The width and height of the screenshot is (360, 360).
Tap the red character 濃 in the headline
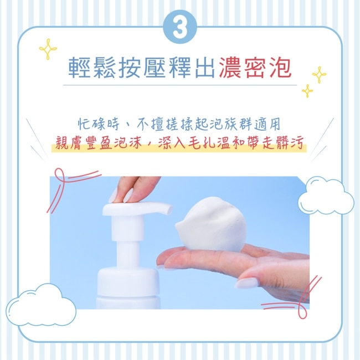pyautogui.click(x=230, y=68)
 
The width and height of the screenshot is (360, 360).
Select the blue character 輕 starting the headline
pyautogui.click(x=80, y=68)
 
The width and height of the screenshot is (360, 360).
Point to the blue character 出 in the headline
pyautogui.click(x=205, y=68)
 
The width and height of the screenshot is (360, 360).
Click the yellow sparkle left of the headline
pyautogui.click(x=48, y=49)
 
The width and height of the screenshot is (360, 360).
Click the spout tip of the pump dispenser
pyautogui.click(x=169, y=209)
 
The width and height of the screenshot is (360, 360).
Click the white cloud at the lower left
pyautogui.click(x=41, y=305)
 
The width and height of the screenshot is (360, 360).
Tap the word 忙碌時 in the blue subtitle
pyautogui.click(x=99, y=125)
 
